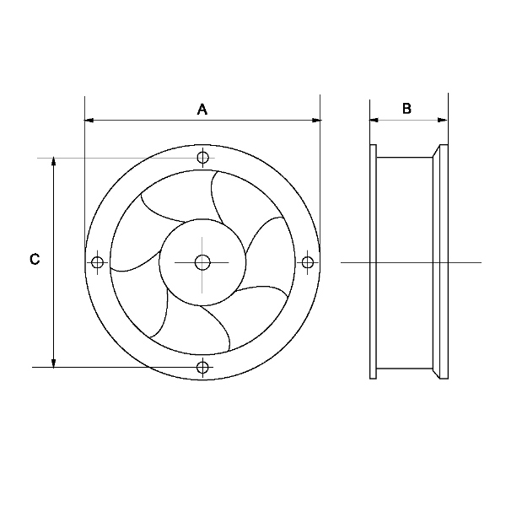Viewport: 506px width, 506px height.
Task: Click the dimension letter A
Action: (202, 110)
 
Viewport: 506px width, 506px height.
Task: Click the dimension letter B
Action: (406, 109)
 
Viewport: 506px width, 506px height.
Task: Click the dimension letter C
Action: (35, 259)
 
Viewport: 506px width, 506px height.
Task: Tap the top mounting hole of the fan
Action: (202, 158)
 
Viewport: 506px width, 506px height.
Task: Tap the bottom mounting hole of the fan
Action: (202, 367)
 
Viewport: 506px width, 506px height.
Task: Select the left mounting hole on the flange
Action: (97, 262)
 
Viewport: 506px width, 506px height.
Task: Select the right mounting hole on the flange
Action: (308, 262)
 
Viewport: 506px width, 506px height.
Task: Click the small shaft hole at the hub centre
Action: (202, 262)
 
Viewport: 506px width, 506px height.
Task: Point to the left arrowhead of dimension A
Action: (89, 121)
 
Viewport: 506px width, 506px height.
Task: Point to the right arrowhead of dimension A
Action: (316, 121)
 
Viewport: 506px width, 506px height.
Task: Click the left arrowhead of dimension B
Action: (374, 121)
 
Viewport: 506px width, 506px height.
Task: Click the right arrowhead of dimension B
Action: (443, 121)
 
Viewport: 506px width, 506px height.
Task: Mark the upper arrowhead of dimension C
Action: (54, 162)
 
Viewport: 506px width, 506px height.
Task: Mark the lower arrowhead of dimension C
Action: (54, 363)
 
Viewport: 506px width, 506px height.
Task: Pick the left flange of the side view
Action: (373, 261)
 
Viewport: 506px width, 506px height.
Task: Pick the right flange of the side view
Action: (444, 261)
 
